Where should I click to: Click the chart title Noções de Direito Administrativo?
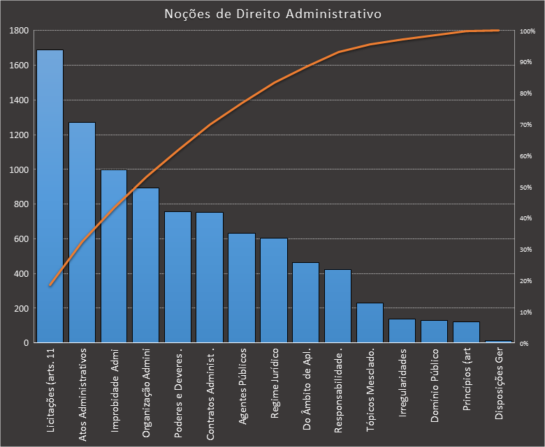pos(272,14)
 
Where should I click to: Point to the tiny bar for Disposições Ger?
pos(497,342)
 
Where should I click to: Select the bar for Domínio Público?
pos(434,332)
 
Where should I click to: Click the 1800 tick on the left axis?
pos(19,31)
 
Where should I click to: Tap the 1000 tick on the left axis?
pos(19,169)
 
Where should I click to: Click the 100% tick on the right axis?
pos(528,31)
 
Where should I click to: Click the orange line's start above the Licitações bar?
pos(50,285)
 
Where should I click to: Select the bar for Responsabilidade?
pos(337,306)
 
